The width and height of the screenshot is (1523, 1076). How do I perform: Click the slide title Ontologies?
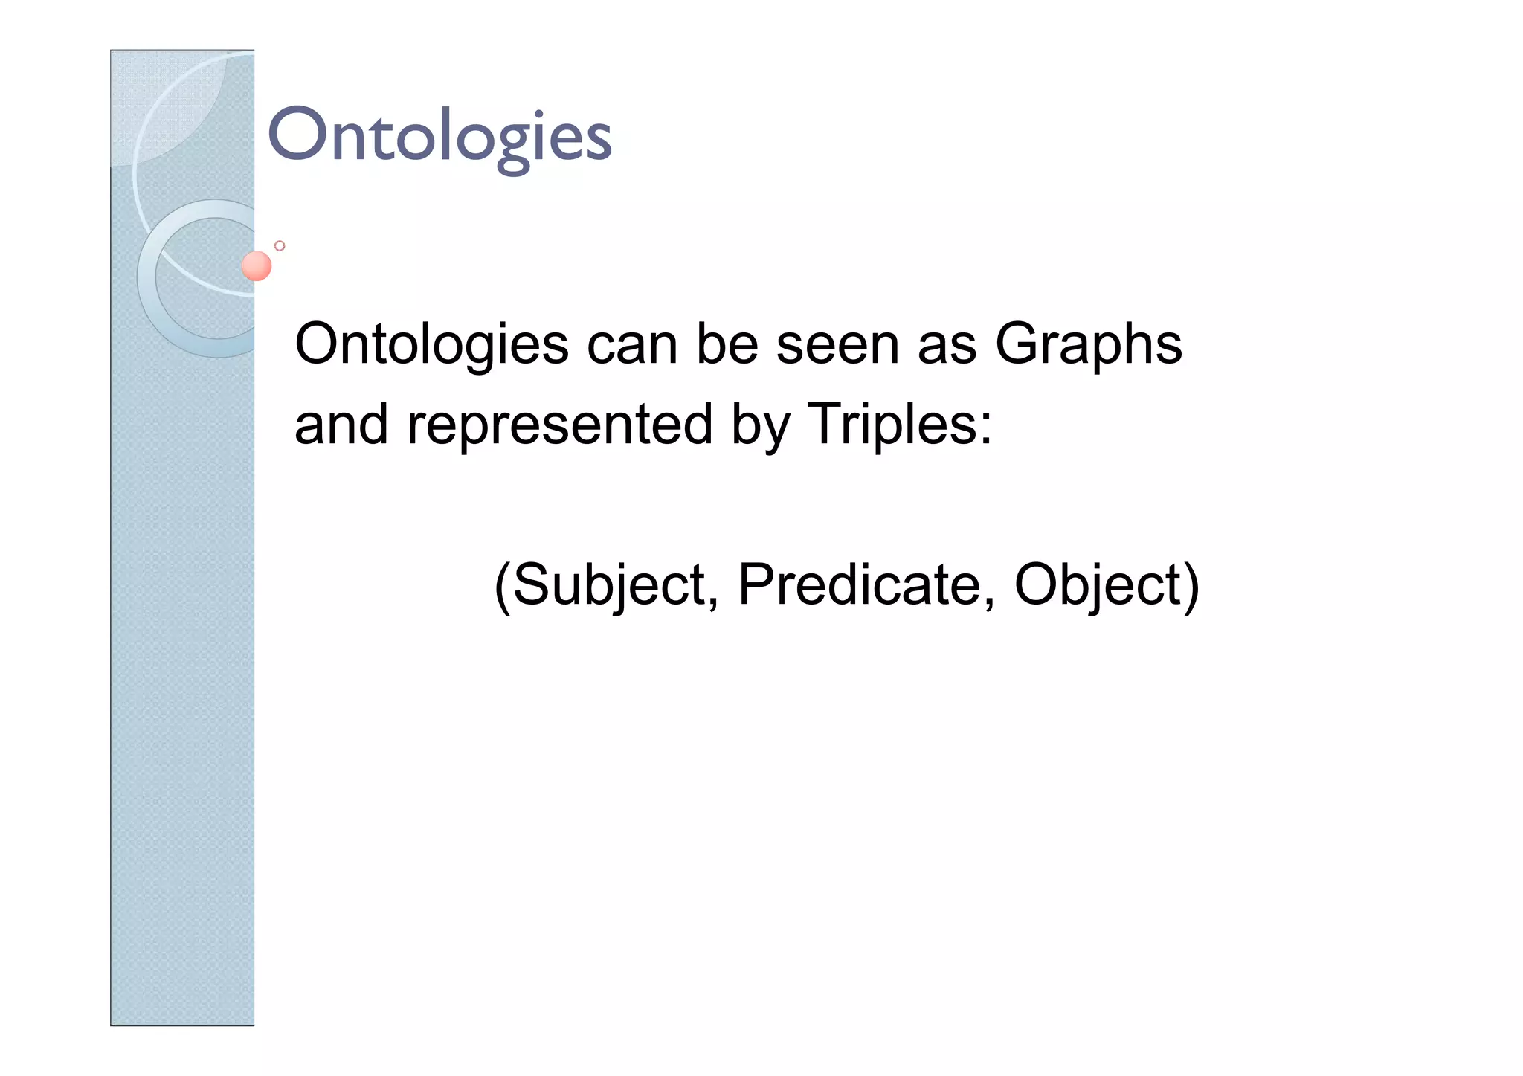coord(439,136)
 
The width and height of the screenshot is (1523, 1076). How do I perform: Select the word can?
coord(632,346)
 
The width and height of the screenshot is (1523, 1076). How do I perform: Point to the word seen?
coord(837,346)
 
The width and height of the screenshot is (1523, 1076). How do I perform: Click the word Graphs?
coord(1088,346)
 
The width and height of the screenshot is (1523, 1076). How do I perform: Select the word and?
coord(341,425)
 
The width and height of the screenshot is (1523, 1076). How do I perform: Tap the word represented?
coord(559,425)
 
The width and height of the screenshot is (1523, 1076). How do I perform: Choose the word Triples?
coord(890,425)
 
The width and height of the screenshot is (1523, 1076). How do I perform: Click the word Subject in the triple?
coord(608,585)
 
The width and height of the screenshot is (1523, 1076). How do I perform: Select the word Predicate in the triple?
coord(860,584)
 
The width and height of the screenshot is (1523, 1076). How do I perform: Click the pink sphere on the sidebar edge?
coord(257,265)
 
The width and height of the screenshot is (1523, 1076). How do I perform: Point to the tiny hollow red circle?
coord(280,245)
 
